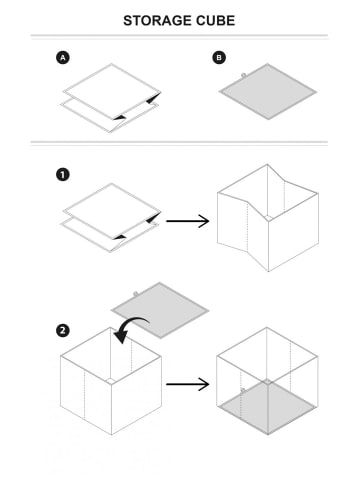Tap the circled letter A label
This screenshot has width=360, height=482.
tap(63, 58)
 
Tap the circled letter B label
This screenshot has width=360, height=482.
tap(219, 57)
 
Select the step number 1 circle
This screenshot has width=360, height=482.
tap(63, 175)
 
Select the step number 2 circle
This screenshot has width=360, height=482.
tap(63, 331)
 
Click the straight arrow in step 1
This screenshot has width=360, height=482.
tap(188, 221)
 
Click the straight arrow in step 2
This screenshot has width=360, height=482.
tap(188, 384)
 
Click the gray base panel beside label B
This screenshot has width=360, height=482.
tap(268, 91)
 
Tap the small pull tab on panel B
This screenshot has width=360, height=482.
tap(243, 75)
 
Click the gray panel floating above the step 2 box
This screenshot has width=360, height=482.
tap(160, 310)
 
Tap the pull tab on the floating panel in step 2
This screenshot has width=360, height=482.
tap(136, 294)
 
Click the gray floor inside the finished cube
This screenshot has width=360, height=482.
tap(268, 407)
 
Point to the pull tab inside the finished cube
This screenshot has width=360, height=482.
tap(243, 390)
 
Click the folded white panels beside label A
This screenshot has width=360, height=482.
tap(111, 98)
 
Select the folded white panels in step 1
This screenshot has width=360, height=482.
tap(111, 218)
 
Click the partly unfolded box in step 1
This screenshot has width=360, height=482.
tap(268, 218)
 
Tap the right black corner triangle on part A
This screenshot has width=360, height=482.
tap(153, 98)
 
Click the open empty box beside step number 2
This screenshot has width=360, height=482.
tap(111, 381)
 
